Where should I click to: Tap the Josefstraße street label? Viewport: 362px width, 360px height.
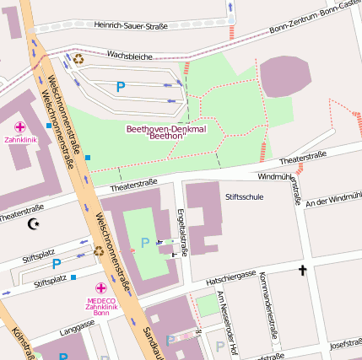coord(346,344)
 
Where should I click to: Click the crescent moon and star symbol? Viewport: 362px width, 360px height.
coord(34,223)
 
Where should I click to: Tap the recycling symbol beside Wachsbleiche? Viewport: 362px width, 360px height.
coord(78,59)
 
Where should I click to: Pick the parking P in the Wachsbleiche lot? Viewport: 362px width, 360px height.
coord(120,86)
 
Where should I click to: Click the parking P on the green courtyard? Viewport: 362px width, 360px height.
coord(145,243)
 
